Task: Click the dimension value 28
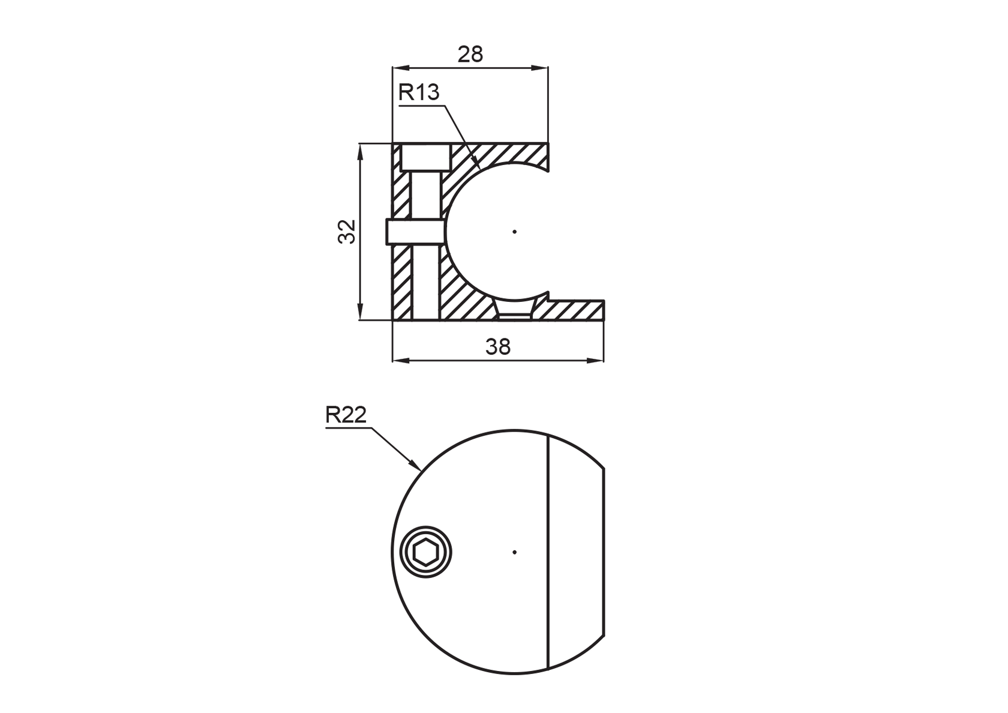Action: point(470,55)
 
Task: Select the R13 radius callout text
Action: point(419,92)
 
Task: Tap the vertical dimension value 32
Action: point(347,232)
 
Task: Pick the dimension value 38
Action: point(498,346)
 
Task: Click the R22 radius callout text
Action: point(346,415)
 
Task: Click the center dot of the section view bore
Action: point(515,232)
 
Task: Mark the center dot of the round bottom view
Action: point(515,552)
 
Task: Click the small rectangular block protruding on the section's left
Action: point(414,232)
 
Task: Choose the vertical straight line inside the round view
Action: point(549,552)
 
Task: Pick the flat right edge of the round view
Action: point(604,552)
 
